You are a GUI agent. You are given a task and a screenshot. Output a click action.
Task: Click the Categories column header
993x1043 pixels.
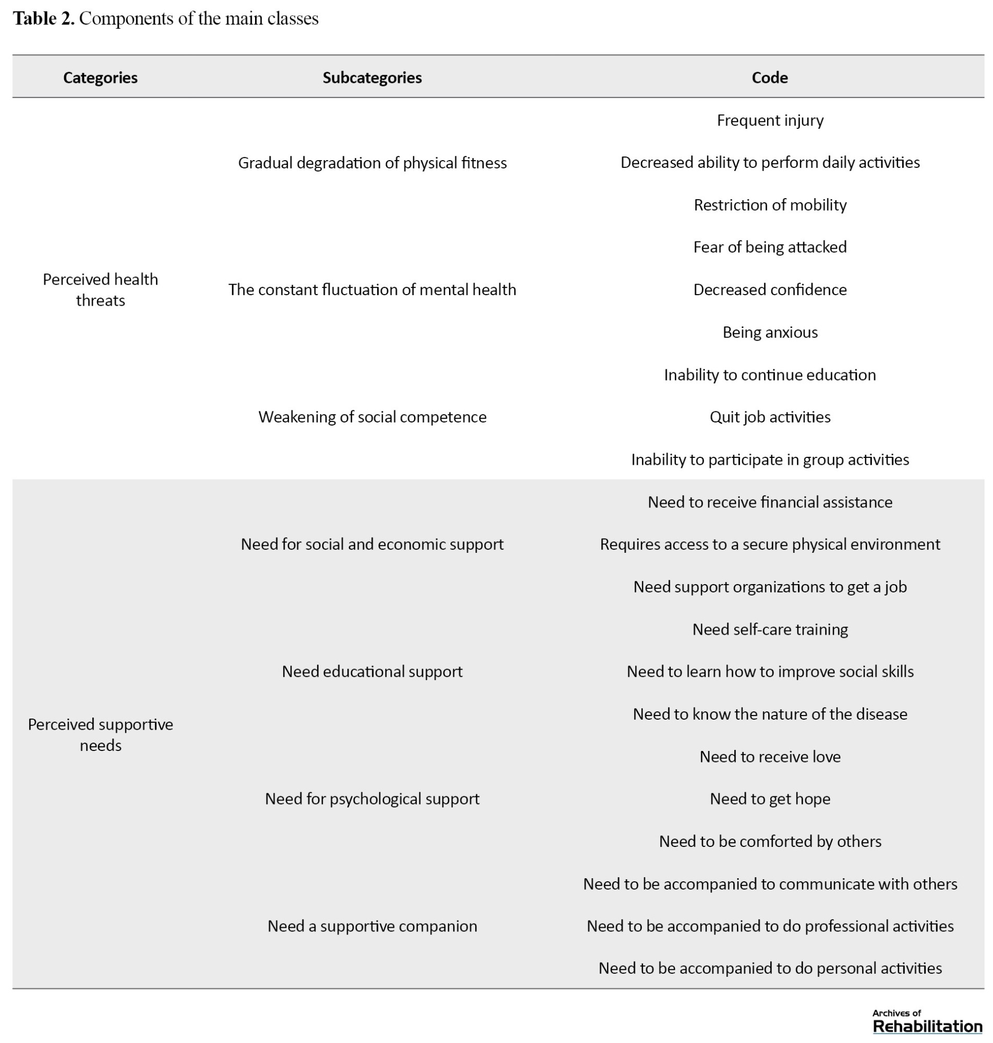tap(100, 78)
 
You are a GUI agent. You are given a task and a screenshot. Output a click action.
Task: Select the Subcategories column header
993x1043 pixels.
tap(372, 78)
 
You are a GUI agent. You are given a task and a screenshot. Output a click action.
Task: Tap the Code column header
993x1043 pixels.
tap(770, 78)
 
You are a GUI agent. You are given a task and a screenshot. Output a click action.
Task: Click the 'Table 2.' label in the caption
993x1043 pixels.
tap(43, 19)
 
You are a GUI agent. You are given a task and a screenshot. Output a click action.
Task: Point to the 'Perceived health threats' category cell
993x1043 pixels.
tap(100, 289)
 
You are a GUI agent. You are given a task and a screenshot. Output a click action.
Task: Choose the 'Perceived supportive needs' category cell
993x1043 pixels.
tap(100, 734)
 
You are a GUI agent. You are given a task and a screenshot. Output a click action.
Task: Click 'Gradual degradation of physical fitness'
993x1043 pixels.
tap(372, 163)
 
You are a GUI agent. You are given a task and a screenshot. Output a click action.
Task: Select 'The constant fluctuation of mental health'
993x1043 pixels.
tap(372, 289)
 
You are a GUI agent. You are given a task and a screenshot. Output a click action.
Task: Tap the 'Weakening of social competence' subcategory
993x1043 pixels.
tap(372, 417)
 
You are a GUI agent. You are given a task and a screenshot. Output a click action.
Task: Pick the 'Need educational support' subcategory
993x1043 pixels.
tap(372, 672)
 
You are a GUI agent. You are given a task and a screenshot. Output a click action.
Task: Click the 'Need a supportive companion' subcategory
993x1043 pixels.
tap(372, 926)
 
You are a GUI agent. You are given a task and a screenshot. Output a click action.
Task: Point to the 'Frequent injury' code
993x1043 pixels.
tap(770, 120)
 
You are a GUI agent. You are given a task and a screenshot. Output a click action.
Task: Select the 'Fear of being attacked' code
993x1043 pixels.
tap(770, 247)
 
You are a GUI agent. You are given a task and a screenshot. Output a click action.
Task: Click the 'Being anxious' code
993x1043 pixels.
tap(770, 332)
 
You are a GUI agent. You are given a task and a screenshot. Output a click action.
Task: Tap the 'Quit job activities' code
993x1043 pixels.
tap(770, 417)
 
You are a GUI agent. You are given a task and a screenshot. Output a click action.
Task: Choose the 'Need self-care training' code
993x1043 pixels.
tap(770, 629)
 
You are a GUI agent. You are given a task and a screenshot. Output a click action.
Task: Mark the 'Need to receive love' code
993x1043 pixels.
tap(770, 757)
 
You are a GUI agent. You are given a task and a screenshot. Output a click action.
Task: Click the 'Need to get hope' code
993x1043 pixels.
tap(770, 799)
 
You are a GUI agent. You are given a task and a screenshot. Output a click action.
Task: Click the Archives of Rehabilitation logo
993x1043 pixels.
tap(927, 1021)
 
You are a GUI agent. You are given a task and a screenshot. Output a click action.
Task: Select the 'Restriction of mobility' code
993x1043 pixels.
tap(770, 205)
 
